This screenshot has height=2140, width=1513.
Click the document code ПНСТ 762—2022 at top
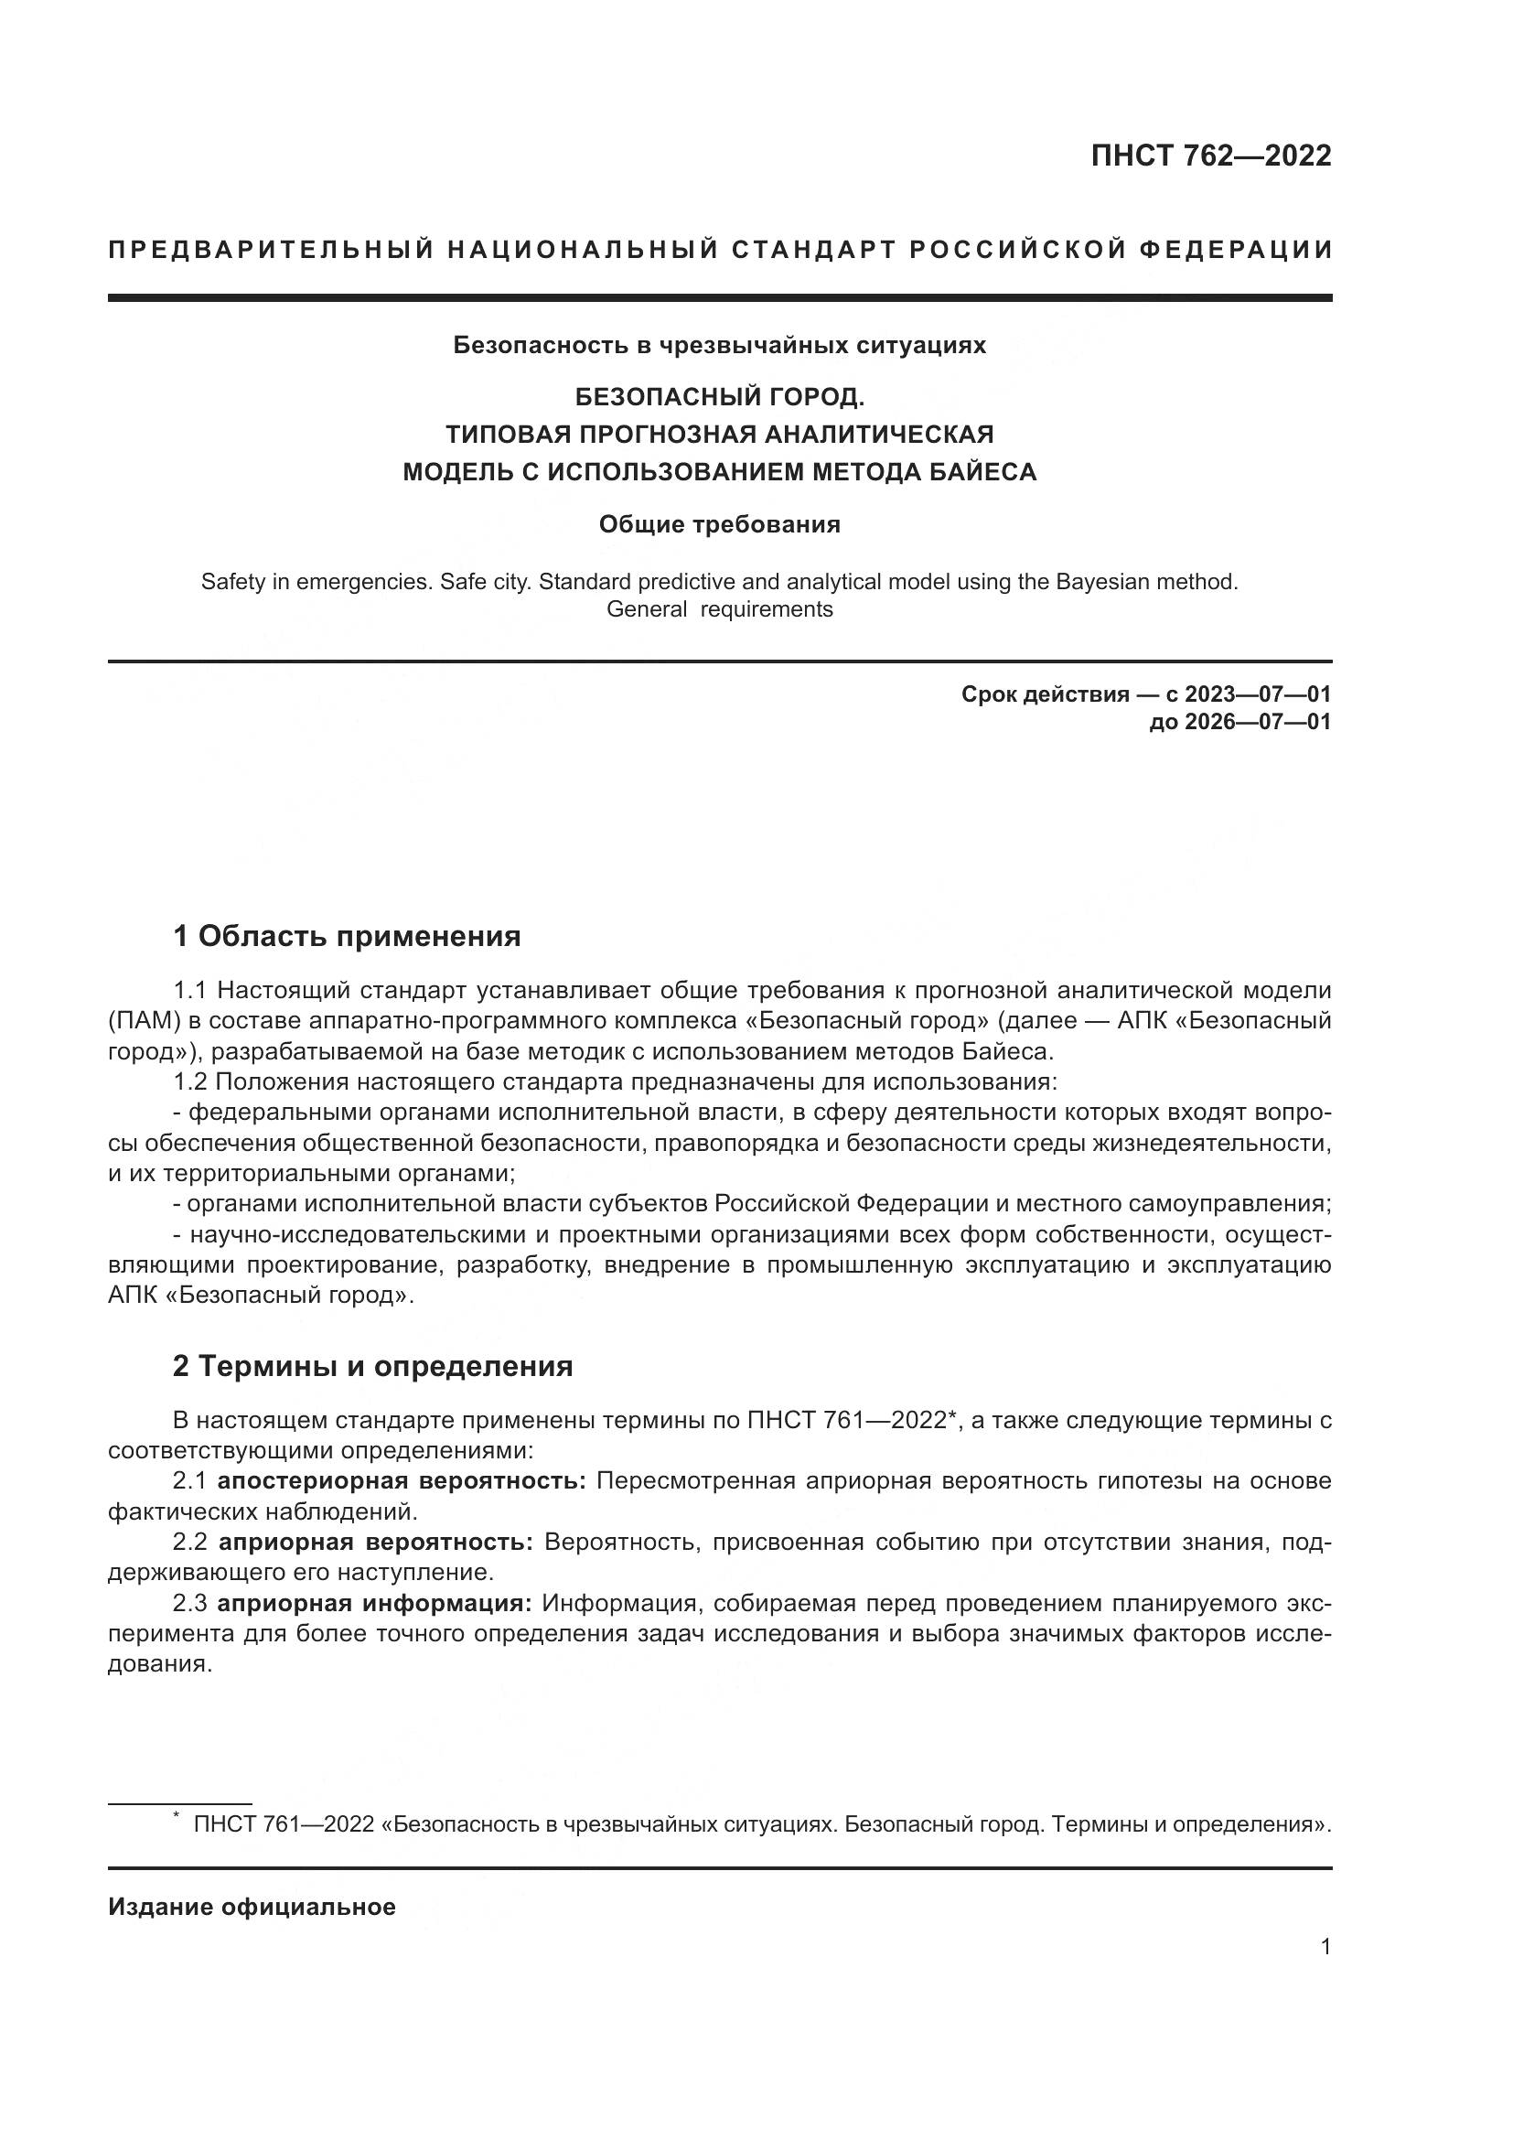pos(1210,156)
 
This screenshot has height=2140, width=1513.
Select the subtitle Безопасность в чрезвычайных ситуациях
pos(719,345)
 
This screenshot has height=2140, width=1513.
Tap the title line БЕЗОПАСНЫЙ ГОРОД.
pos(719,397)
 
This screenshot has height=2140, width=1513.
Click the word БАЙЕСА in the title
pos(985,471)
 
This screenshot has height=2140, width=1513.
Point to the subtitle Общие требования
pos(719,525)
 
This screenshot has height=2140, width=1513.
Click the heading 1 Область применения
pos(347,936)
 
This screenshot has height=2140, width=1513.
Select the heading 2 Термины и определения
pos(372,1366)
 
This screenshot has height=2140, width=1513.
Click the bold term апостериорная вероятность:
pos(401,1481)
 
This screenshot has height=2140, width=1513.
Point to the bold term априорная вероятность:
pos(374,1543)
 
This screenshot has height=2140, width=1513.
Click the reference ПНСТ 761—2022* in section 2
pos(853,1421)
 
